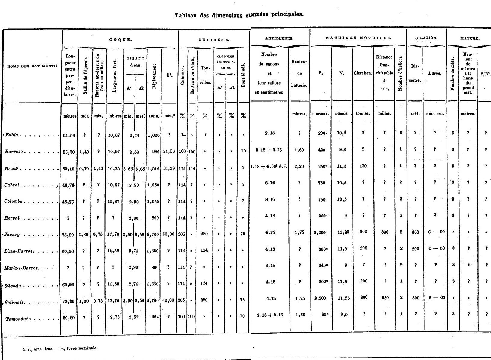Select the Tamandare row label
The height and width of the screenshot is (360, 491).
pos(18,319)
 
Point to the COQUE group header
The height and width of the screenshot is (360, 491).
pos(120,39)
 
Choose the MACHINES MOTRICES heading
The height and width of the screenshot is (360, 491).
pos(358,38)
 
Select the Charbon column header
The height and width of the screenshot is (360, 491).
pos(363,73)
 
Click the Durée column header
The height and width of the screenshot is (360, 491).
pos(435,73)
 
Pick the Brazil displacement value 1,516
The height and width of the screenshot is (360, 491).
pos(154,168)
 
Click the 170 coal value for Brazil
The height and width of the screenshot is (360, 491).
pos(363,166)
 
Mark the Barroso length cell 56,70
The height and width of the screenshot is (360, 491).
pos(69,152)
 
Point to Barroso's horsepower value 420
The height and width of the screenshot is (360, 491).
pos(321,150)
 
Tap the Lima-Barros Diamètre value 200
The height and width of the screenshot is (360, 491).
pos(415,249)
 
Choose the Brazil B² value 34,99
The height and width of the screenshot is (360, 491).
pos(169,168)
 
